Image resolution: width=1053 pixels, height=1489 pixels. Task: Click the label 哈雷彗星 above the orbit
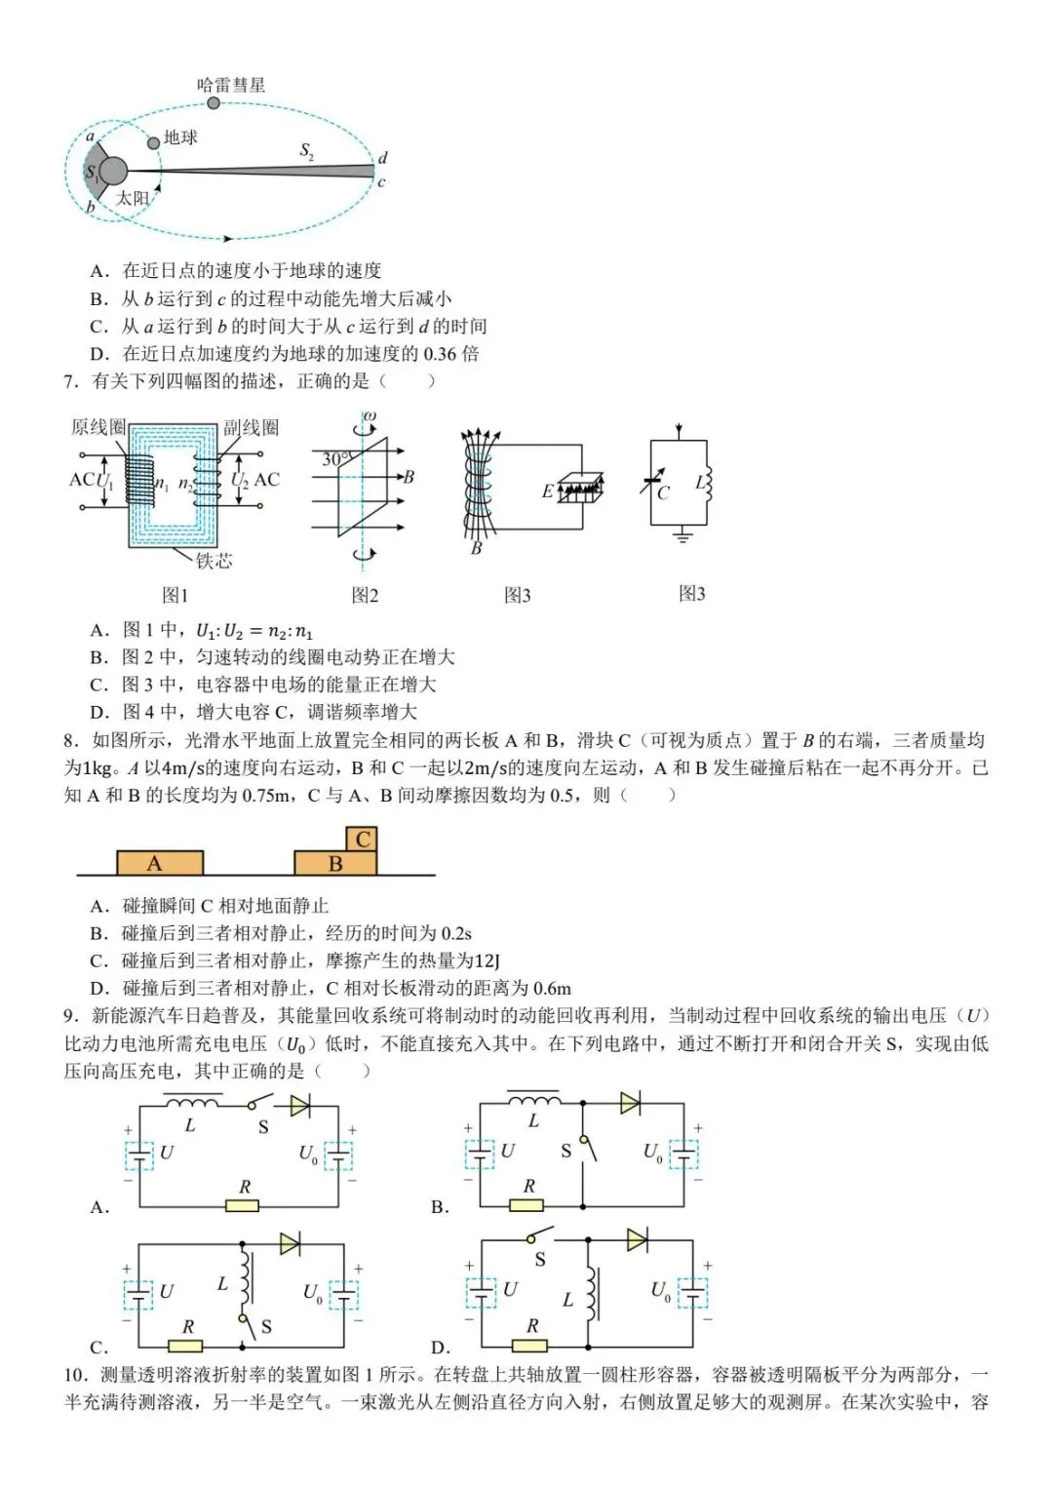coord(231,85)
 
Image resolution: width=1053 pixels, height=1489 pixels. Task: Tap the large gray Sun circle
coord(114,172)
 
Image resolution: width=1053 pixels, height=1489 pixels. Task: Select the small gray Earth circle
coord(153,143)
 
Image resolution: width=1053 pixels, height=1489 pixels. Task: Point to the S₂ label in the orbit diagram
coord(306,151)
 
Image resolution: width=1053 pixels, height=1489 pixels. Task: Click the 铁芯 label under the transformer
coord(214,561)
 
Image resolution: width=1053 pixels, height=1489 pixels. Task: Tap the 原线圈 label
coord(98,427)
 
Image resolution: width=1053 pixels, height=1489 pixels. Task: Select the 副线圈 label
coord(251,427)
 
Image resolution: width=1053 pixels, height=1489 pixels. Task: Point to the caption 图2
coord(365,595)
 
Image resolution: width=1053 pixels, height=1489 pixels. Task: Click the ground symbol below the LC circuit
coord(682,535)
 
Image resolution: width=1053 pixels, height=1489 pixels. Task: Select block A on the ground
coord(160,863)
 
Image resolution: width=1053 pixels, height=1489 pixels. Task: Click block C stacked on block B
coord(363,839)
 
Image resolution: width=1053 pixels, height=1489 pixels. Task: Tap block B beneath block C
coord(335,863)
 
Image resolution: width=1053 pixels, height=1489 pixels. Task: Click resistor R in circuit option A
coord(243,1205)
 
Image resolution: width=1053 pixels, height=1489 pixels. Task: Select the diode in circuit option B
coord(631,1103)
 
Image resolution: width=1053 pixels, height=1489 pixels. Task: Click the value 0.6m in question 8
coord(553,988)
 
